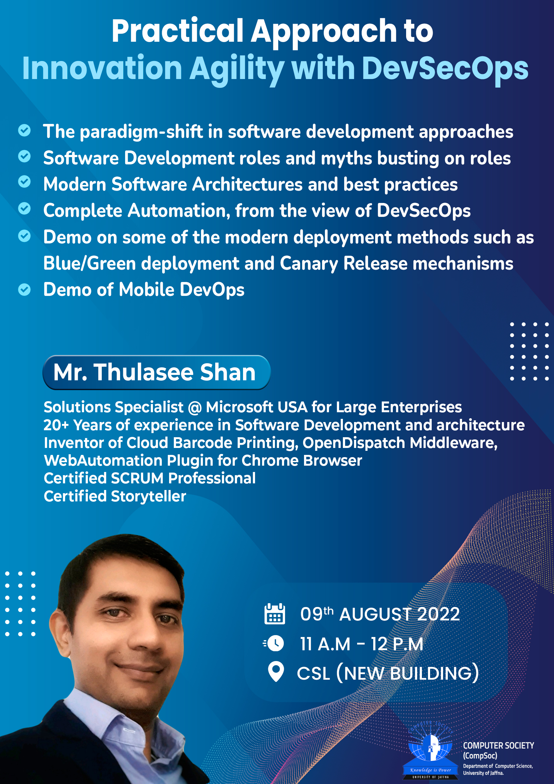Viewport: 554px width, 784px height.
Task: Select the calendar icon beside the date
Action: (x=274, y=614)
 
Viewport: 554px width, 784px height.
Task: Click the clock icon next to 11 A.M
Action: (x=274, y=643)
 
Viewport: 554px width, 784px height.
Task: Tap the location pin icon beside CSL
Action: (x=276, y=672)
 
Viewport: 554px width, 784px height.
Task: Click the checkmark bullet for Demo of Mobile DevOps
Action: (x=24, y=290)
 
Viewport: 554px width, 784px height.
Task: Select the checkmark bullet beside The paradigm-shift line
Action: (x=24, y=130)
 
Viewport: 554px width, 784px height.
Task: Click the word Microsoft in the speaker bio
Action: (x=239, y=407)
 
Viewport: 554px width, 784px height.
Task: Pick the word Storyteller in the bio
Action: (x=149, y=496)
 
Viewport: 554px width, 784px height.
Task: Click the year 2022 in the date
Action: (x=438, y=614)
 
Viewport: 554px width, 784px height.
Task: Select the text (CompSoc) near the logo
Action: (x=480, y=756)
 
